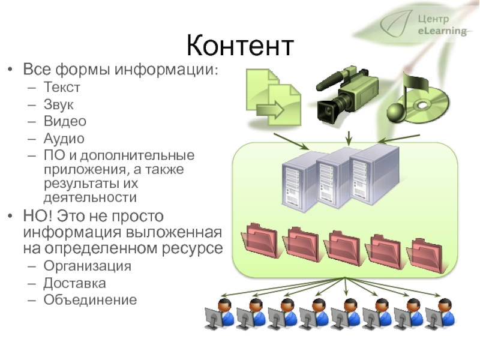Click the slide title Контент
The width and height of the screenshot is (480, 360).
point(241,46)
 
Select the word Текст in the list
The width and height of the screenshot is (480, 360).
point(62,87)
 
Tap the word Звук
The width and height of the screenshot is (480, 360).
point(58,104)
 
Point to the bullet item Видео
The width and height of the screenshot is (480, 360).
point(65,121)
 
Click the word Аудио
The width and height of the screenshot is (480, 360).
point(64,139)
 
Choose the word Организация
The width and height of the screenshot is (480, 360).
point(87,266)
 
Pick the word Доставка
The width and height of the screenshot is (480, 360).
point(74,283)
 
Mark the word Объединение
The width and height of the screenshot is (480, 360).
point(90,299)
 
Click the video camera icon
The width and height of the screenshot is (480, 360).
point(347,96)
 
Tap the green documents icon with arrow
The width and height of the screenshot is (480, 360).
point(274,97)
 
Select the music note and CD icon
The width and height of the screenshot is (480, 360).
point(418,98)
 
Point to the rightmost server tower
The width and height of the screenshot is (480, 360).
point(374,175)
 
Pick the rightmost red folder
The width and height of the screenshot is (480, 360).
point(425,256)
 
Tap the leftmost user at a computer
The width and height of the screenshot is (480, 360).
point(220,313)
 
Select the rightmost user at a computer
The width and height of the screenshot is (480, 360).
point(440,313)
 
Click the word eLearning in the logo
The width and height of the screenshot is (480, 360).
point(442,31)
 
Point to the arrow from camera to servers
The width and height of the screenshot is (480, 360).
point(349,139)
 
